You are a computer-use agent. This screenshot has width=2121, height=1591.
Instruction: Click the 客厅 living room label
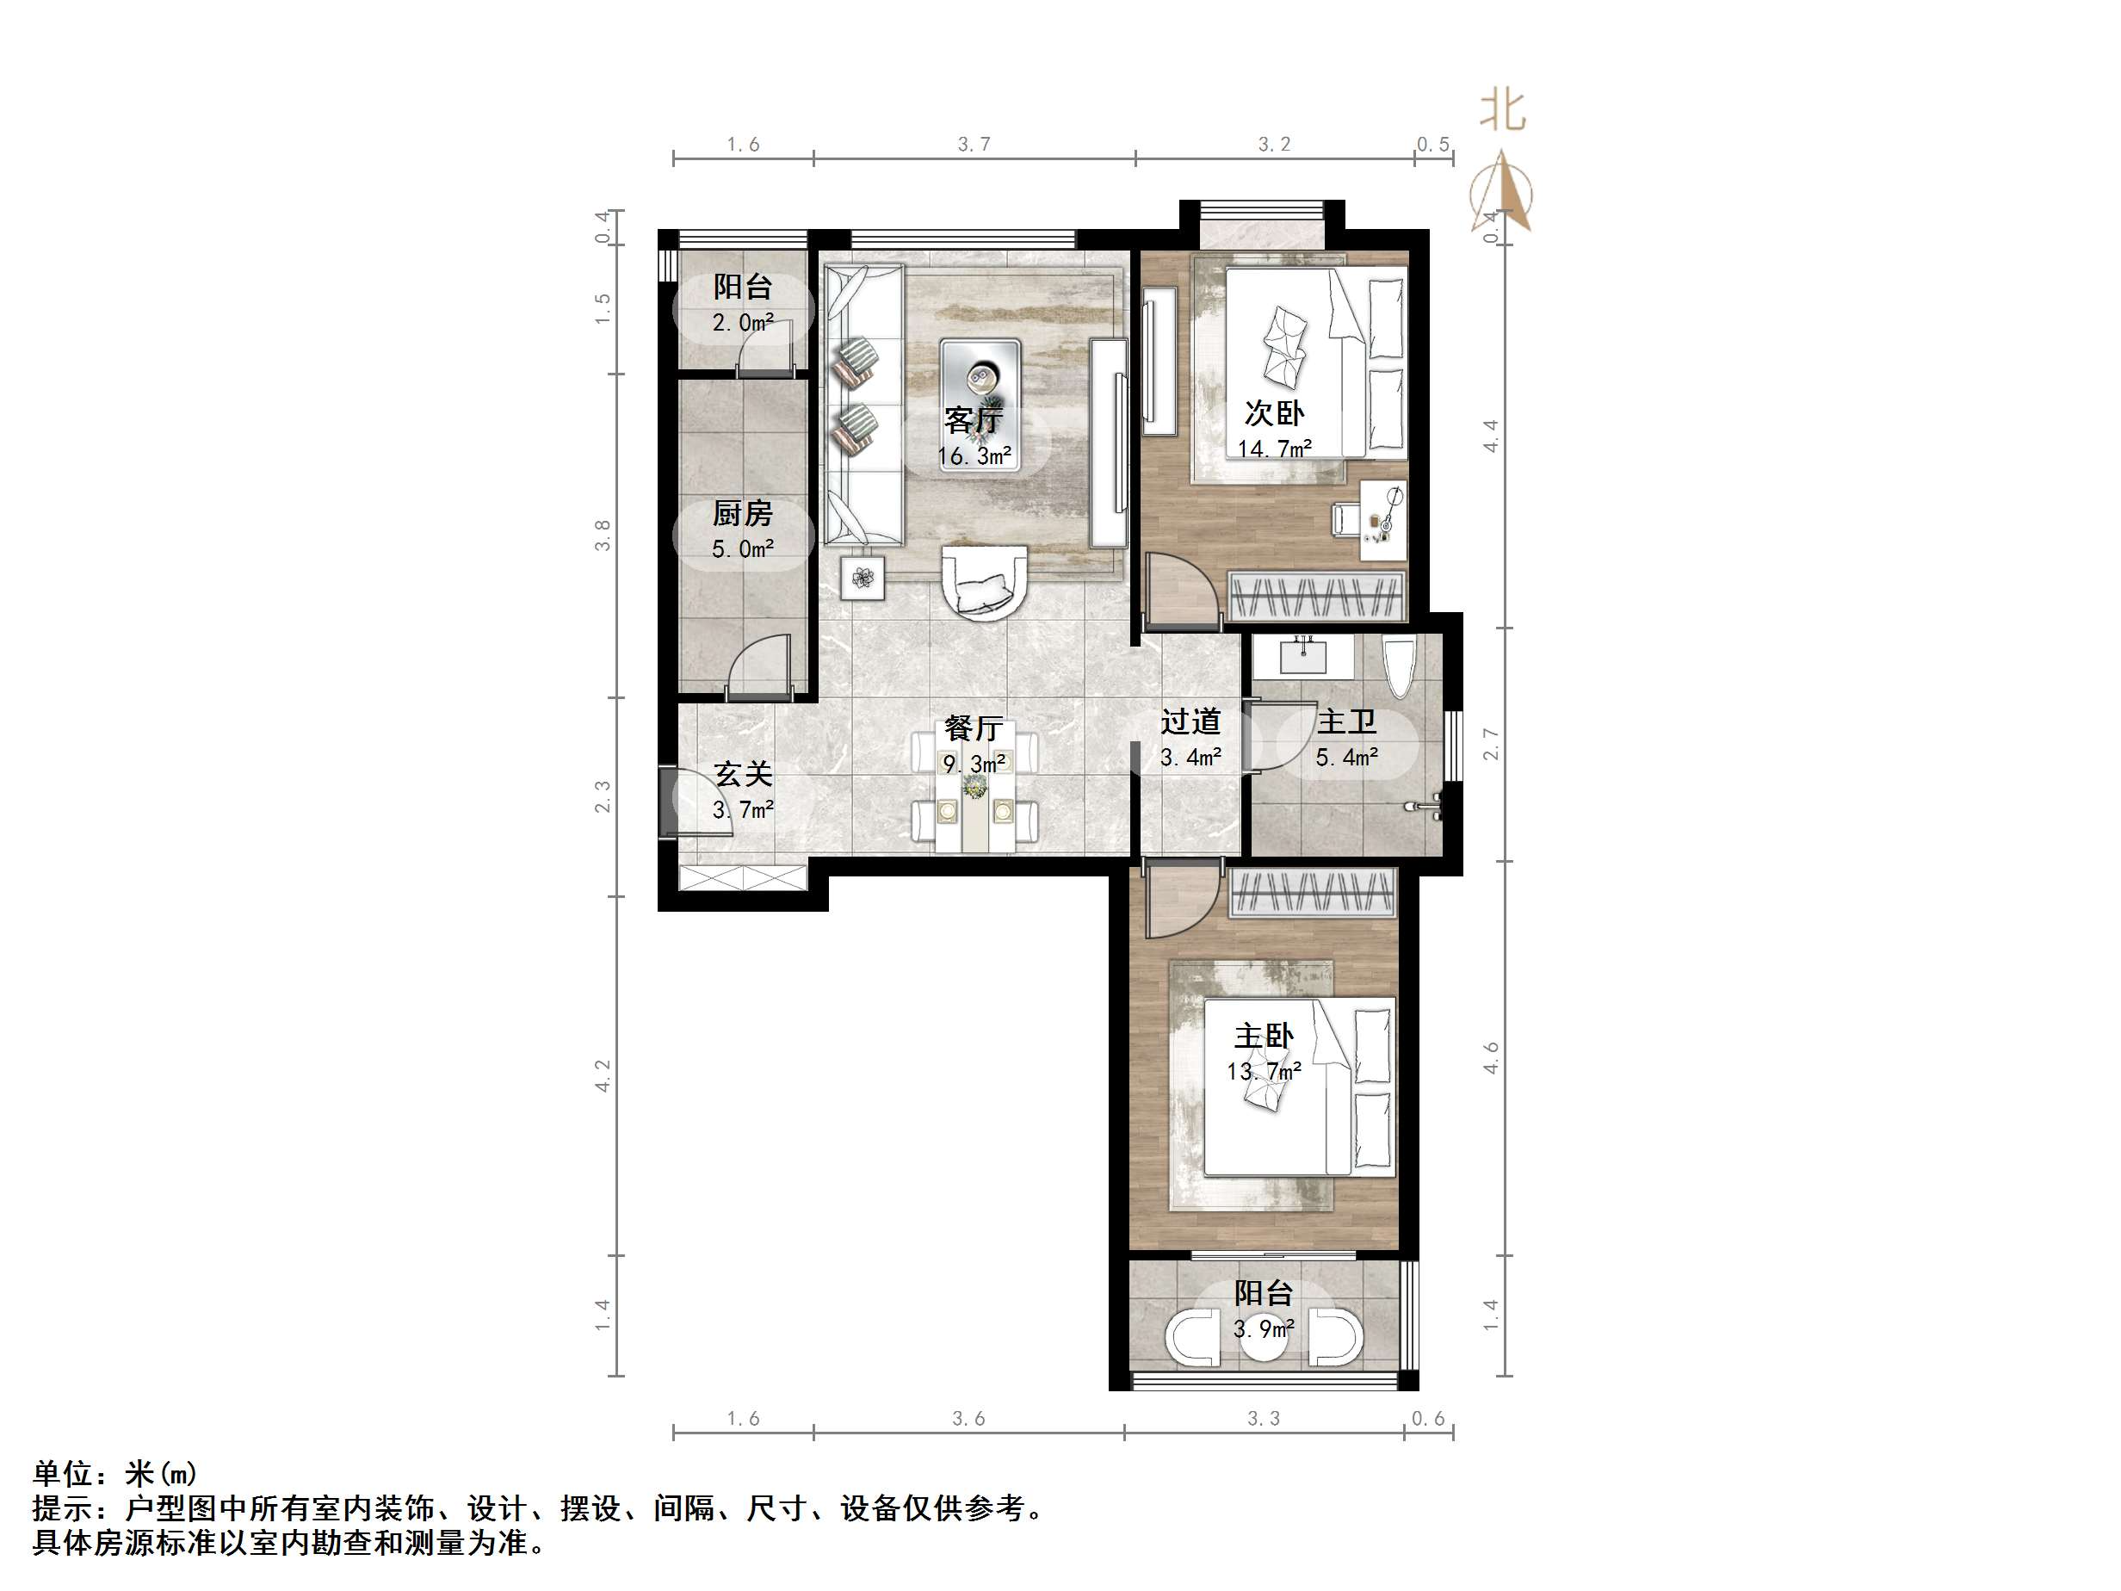[974, 419]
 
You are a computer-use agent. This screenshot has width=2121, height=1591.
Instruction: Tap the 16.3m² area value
[974, 455]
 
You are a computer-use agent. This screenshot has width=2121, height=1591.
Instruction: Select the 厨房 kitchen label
[742, 513]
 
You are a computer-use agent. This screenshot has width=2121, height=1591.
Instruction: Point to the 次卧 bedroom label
[1273, 412]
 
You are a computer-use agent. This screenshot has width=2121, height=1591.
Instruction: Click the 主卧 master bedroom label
[1263, 1036]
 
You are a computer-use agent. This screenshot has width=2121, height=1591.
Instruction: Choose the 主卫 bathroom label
[1346, 721]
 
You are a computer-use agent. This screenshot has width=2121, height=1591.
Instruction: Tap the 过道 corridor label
[1190, 721]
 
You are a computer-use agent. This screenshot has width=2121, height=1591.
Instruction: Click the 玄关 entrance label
[742, 774]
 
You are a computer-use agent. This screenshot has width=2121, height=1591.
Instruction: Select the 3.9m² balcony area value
[1263, 1329]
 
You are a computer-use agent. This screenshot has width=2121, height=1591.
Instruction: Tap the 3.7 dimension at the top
[974, 144]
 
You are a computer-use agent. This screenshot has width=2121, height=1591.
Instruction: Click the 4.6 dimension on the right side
[1491, 1057]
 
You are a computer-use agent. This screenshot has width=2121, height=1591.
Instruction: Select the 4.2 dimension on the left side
[603, 1075]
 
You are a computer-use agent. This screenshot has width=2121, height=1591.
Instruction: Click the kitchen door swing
[759, 665]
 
